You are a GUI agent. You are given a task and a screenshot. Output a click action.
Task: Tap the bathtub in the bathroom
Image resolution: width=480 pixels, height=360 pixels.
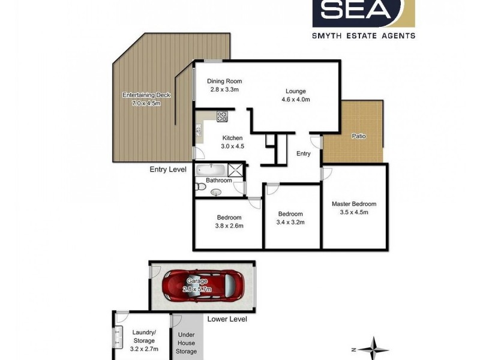pyautogui.click(x=210, y=169)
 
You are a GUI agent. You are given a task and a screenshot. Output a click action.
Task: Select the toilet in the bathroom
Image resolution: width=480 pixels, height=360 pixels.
pyautogui.click(x=200, y=187)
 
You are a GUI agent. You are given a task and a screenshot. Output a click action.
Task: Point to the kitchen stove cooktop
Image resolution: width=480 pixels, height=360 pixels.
pyautogui.click(x=221, y=116)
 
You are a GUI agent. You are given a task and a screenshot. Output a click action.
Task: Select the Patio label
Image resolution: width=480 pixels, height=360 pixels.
pyautogui.click(x=359, y=136)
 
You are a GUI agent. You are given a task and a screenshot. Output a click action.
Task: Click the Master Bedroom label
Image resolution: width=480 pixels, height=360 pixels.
pyautogui.click(x=353, y=204)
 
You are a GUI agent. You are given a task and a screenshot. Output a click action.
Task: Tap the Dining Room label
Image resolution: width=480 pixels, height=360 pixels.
pyautogui.click(x=224, y=82)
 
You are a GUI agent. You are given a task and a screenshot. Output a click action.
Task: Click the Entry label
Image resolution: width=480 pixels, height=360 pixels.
pyautogui.click(x=304, y=154)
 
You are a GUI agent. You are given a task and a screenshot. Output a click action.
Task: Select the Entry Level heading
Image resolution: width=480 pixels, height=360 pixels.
pyautogui.click(x=168, y=170)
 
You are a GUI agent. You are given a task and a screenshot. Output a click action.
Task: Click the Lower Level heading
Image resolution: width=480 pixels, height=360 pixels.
pyautogui.click(x=227, y=319)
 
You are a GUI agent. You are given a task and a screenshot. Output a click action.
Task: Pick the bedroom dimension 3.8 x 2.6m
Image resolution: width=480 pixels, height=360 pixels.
pyautogui.click(x=229, y=226)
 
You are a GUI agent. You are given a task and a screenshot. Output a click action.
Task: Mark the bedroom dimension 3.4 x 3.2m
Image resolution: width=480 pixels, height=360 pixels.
pyautogui.click(x=290, y=222)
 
